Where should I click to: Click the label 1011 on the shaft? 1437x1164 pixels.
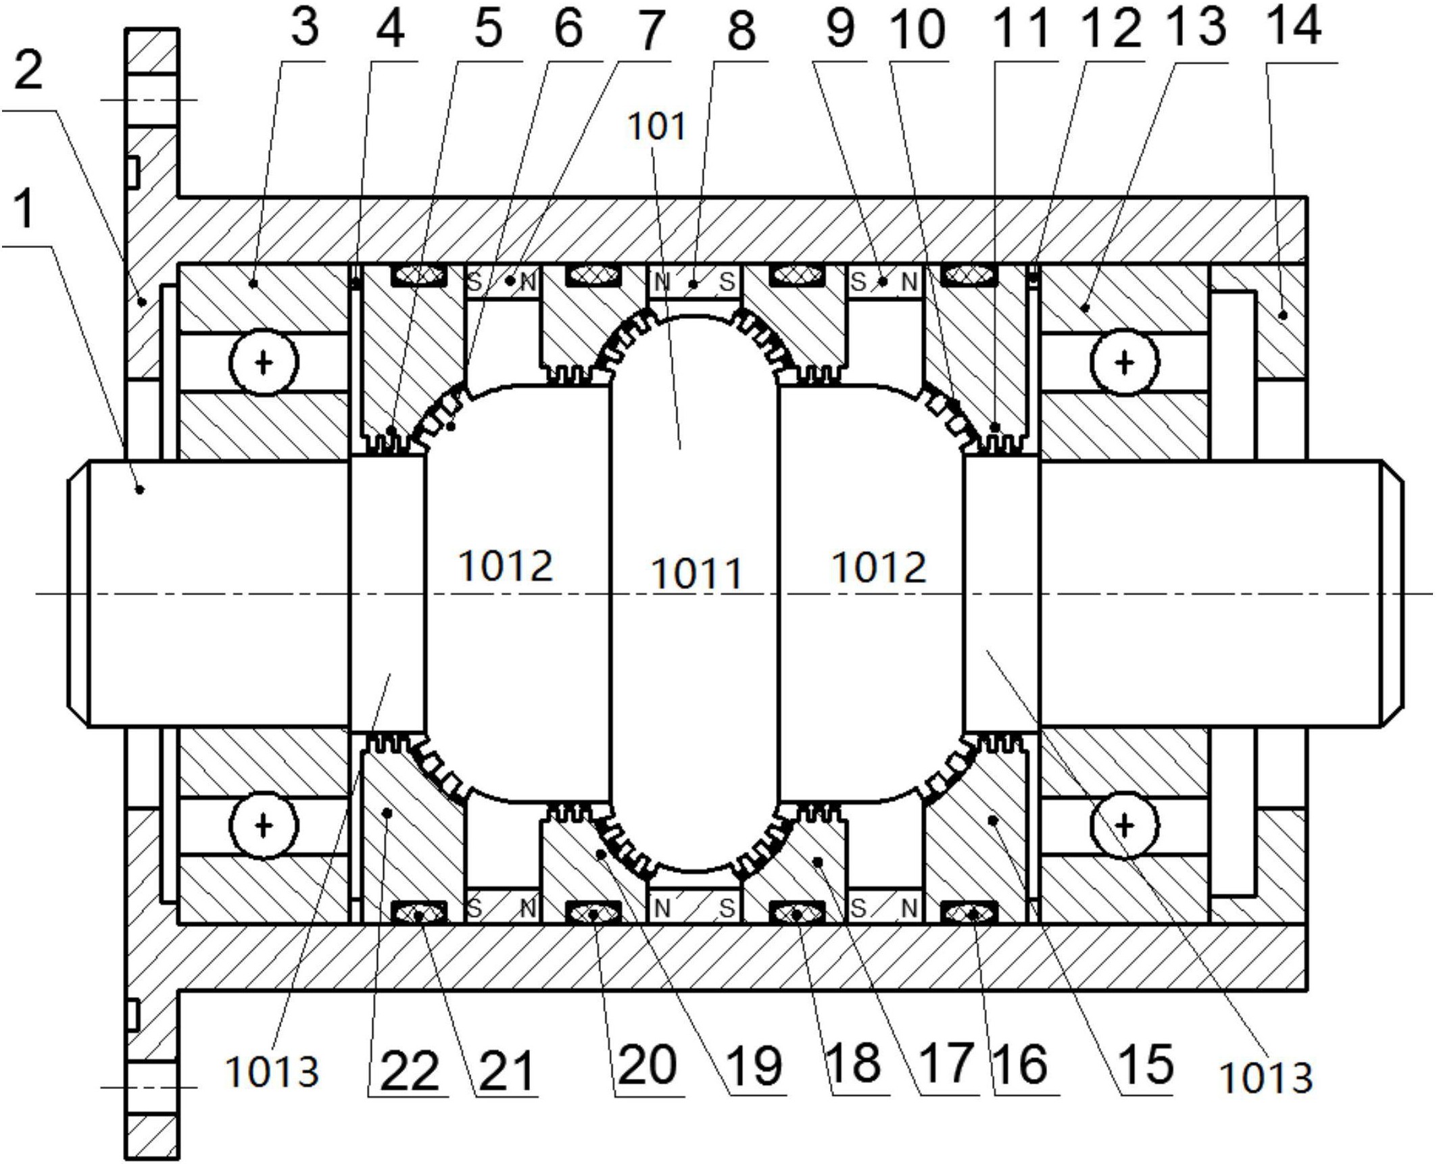click(x=696, y=574)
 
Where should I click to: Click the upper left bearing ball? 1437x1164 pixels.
click(x=264, y=363)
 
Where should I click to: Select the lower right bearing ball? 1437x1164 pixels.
click(x=1124, y=826)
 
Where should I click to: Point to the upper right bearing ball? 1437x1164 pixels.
click(x=1124, y=363)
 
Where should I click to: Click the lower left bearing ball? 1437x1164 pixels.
click(x=264, y=826)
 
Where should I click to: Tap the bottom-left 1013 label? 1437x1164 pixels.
click(x=272, y=1071)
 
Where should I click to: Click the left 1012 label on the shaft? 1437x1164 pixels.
click(x=506, y=565)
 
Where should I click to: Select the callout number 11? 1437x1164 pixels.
click(x=1021, y=28)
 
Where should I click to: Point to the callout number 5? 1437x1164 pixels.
click(x=489, y=28)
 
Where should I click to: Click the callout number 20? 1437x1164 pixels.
click(x=647, y=1065)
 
